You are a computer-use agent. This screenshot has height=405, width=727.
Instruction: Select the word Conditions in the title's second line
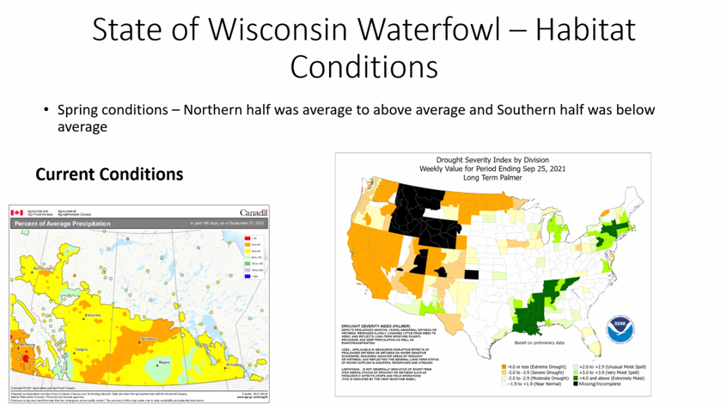click(x=363, y=67)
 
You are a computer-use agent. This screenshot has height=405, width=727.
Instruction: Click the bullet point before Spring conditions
click(x=47, y=111)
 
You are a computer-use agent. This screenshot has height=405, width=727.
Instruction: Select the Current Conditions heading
click(x=109, y=174)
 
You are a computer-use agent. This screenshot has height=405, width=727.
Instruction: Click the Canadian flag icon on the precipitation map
click(x=17, y=212)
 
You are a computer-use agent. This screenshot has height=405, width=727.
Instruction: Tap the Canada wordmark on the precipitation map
click(x=253, y=212)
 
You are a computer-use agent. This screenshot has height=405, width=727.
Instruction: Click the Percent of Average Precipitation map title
click(x=63, y=224)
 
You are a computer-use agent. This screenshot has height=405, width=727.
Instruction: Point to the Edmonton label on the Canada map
click(x=94, y=316)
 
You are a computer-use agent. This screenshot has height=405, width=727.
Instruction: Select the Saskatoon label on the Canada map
click(x=149, y=339)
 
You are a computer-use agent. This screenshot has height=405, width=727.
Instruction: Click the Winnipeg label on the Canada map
click(x=233, y=365)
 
